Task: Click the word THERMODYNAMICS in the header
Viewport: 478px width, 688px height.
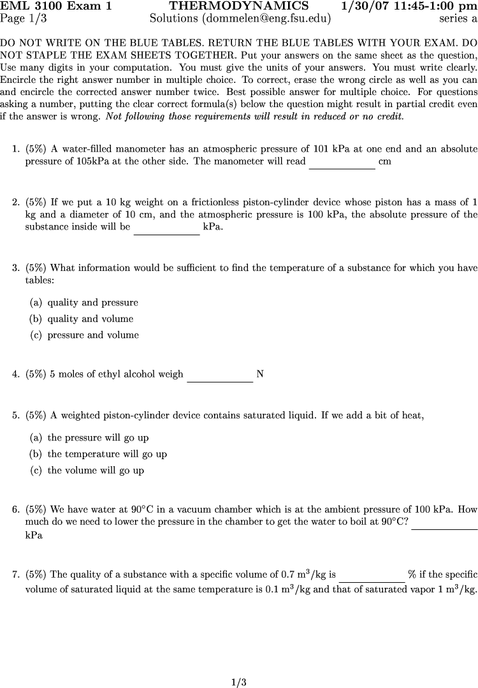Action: coord(238,6)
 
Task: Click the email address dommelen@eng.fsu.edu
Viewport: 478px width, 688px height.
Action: coord(267,18)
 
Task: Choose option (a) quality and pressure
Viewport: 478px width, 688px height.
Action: coord(84,303)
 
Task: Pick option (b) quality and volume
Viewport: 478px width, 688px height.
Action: coord(82,319)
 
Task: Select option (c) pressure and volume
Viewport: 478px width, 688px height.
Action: coord(84,335)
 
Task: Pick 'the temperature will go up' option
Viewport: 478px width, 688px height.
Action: coord(98,455)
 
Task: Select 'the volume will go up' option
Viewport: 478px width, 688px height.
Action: coord(87,471)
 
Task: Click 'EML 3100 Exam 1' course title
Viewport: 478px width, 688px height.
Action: coord(56,6)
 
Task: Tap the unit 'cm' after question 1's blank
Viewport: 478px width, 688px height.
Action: coord(385,162)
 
